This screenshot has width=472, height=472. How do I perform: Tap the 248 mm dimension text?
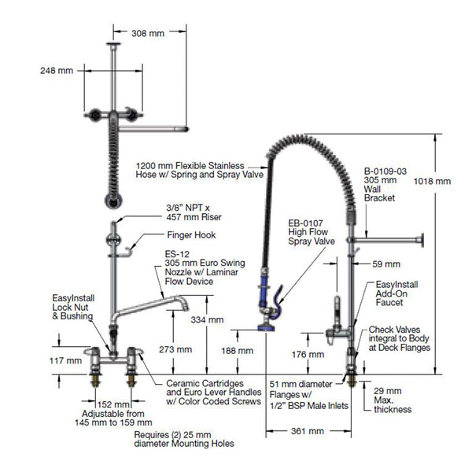(x=57, y=71)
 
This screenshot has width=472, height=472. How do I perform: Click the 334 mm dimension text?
(x=208, y=320)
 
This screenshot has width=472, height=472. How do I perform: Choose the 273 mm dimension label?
(x=173, y=348)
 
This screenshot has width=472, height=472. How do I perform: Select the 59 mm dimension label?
(x=386, y=264)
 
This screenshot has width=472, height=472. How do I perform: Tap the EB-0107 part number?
(x=303, y=223)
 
